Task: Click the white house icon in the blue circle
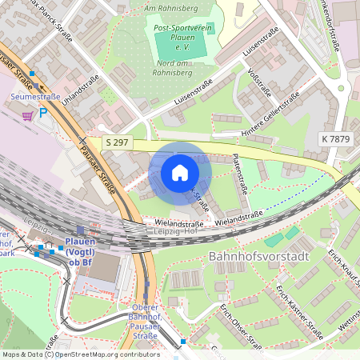(x=180, y=173)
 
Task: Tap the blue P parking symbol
(x=43, y=114)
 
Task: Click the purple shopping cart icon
(x=27, y=114)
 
